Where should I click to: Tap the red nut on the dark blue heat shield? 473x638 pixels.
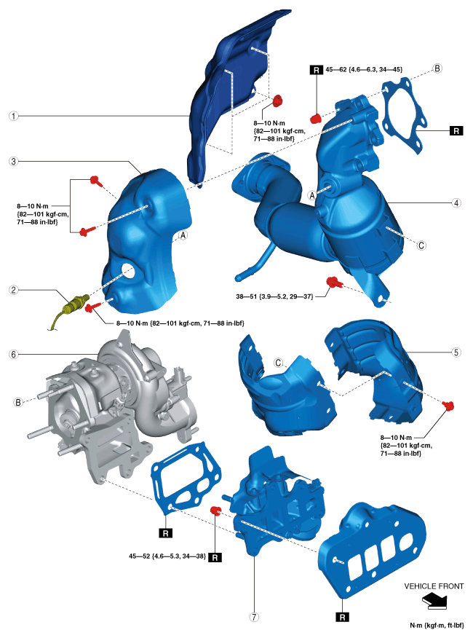277,101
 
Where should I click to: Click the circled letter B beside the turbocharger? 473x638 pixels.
17,402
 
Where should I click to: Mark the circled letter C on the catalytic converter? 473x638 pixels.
421,246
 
